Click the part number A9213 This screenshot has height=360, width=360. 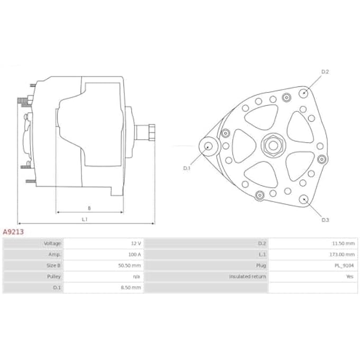coord(13,231)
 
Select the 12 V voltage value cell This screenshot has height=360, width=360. coord(136,244)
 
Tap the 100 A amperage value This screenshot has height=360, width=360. coord(134,255)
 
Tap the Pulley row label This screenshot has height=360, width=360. coord(54,276)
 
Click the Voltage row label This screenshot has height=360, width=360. coord(52,244)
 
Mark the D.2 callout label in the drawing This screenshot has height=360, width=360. coord(325,71)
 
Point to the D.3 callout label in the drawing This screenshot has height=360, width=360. coord(325,219)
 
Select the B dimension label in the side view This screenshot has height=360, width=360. coord(89,208)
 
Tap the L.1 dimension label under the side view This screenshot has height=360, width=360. coord(85,219)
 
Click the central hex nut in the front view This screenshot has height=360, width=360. coord(272,145)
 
